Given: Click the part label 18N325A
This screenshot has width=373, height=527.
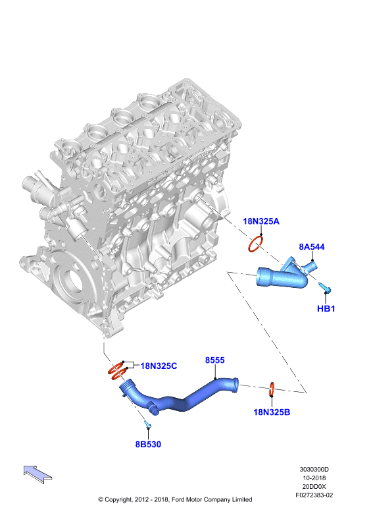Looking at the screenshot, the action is [x=261, y=221].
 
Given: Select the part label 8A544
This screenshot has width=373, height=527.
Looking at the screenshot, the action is [x=312, y=247].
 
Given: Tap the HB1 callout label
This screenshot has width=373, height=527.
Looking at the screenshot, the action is [x=326, y=308].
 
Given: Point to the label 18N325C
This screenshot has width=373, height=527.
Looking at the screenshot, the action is [x=159, y=366].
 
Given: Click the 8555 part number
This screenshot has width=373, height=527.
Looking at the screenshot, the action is [x=215, y=360].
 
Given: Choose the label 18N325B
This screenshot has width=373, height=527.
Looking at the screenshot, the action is [x=272, y=412].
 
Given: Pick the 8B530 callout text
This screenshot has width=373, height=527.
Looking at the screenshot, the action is [x=148, y=444].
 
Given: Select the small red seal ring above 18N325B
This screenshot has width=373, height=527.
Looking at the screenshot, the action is [x=272, y=389].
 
